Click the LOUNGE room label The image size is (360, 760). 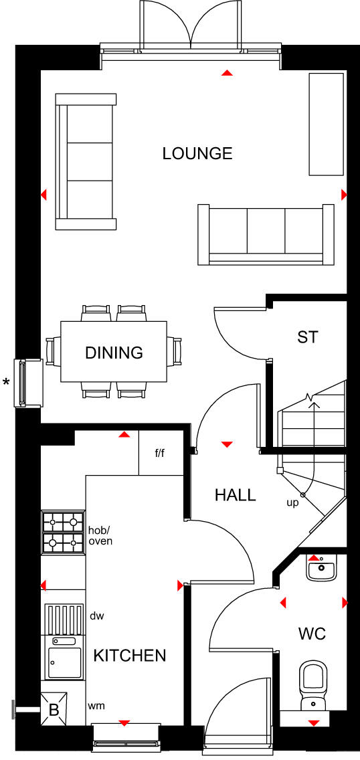197,153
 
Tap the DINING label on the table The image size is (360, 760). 114,353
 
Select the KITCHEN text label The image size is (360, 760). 130,655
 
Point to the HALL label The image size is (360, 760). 235,495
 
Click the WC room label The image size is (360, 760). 312,633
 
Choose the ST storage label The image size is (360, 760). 307,337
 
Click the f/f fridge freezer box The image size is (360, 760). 161,453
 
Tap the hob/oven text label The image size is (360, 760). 100,535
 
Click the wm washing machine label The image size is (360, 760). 97,705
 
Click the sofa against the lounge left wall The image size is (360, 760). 85,161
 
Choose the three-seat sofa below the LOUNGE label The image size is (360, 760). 266,233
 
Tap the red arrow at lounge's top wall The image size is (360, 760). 227,72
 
